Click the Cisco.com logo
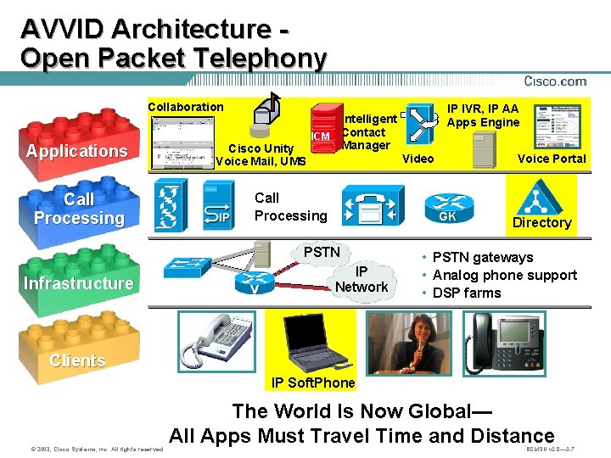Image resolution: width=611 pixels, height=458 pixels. (x=555, y=81)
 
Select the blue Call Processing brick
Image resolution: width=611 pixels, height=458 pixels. (x=78, y=209)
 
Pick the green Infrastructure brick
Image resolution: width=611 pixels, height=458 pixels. (x=78, y=280)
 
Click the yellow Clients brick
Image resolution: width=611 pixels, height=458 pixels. (x=77, y=356)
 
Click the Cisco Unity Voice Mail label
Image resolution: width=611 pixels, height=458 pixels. (x=260, y=155)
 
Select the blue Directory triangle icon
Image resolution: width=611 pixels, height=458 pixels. (x=536, y=199)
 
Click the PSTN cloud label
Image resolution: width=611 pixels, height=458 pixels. (x=322, y=252)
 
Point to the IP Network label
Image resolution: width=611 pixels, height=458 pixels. (x=362, y=279)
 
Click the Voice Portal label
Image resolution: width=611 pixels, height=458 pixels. (x=552, y=159)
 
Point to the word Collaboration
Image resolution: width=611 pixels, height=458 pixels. (x=186, y=107)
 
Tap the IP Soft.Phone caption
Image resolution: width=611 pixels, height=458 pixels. (x=313, y=383)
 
